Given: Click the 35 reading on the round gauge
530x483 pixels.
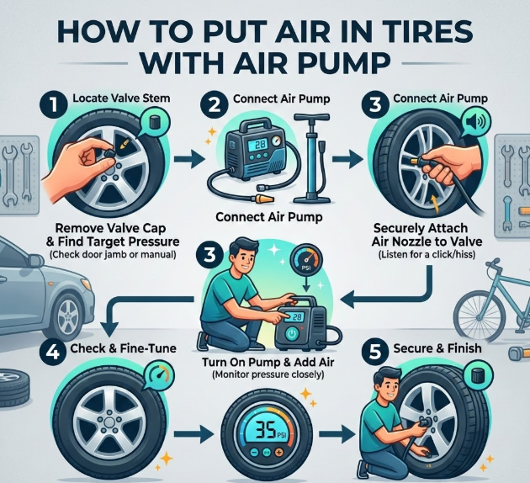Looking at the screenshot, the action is click(x=266, y=431).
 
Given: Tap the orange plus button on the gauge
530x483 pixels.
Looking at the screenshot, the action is click(x=278, y=452).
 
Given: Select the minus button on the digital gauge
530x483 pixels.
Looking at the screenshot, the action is click(x=255, y=452).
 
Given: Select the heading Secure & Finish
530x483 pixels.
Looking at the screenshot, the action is click(x=437, y=348).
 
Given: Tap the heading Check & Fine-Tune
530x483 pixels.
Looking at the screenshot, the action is click(x=123, y=348).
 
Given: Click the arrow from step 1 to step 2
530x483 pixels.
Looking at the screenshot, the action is click(x=189, y=159).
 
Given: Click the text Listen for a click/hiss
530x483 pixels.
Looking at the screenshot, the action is click(x=427, y=254).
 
